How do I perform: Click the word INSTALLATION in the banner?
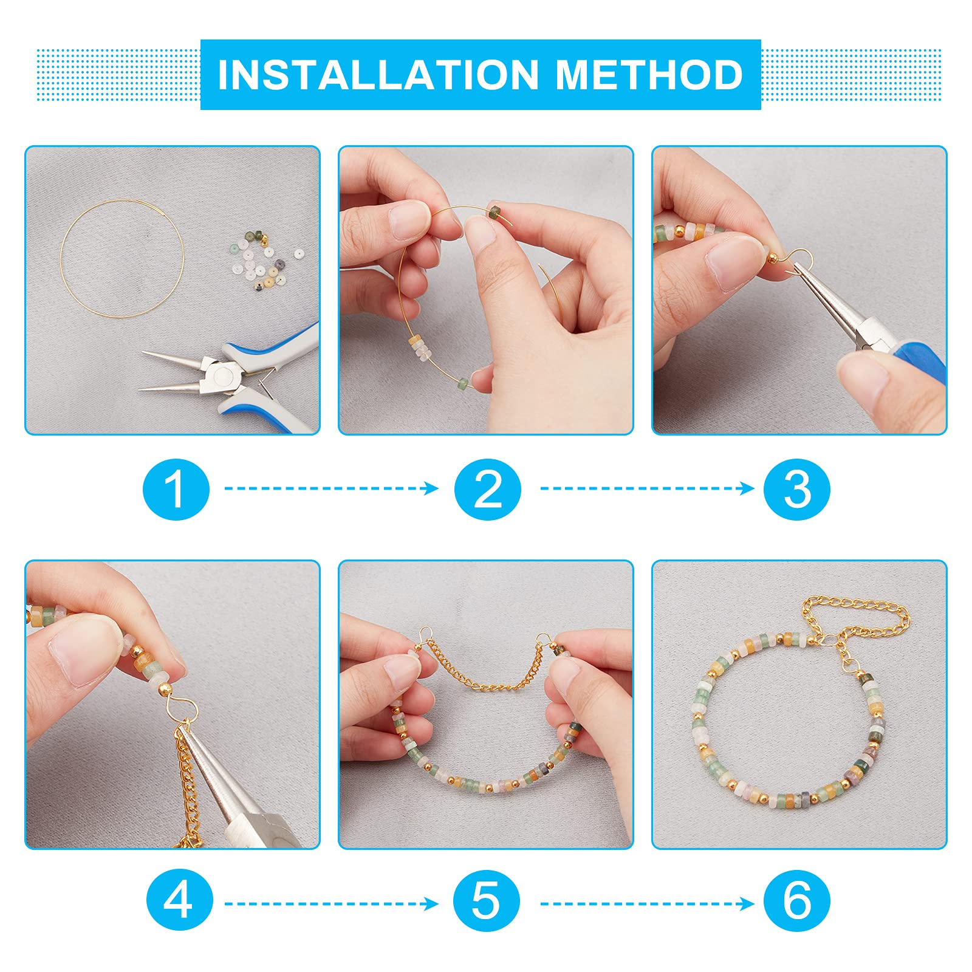tap(378, 75)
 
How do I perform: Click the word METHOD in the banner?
tap(649, 75)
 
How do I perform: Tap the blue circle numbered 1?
tap(176, 489)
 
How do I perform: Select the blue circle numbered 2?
tap(488, 489)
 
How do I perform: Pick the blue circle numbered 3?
tap(797, 489)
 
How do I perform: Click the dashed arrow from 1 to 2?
tap(332, 488)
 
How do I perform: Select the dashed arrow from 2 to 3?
tap(648, 488)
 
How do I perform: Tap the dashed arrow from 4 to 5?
tap(332, 904)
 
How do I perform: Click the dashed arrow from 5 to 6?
tap(648, 904)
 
